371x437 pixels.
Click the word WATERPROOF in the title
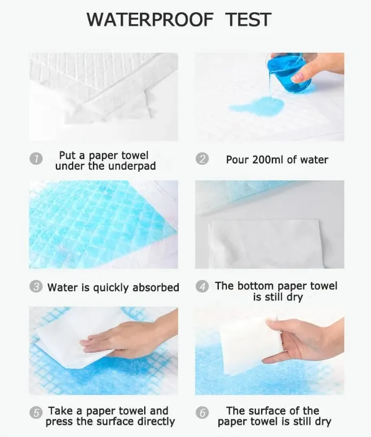coord(149,20)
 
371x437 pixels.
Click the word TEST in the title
coord(248,20)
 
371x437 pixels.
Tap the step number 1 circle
coord(36,159)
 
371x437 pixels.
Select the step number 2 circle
coord(202,159)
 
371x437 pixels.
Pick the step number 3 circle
coord(36,287)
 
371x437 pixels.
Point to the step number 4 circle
coord(202,287)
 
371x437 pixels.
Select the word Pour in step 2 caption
coord(237,160)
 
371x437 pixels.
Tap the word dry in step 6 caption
coord(323,422)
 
